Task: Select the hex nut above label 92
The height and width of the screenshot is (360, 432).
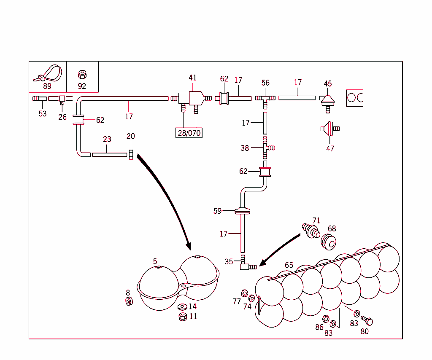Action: [82, 75]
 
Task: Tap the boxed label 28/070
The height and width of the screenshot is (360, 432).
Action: [189, 133]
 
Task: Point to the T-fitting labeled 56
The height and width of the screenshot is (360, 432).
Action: [265, 98]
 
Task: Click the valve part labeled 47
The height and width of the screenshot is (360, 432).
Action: [329, 128]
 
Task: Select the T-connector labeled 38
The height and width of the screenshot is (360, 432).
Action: [266, 147]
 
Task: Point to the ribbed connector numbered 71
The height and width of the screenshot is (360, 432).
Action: [311, 231]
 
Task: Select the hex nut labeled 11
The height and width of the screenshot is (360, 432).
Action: [183, 316]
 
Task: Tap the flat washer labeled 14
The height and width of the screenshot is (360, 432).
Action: [183, 306]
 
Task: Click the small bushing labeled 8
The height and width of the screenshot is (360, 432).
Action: [129, 301]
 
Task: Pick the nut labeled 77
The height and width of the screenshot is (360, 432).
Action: [244, 293]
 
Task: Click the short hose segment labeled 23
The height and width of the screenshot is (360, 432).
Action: [109, 155]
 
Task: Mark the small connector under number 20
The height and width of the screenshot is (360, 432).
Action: [131, 154]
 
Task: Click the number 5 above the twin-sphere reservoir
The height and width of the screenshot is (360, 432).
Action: [155, 261]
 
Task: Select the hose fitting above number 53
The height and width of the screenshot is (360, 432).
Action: [39, 99]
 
